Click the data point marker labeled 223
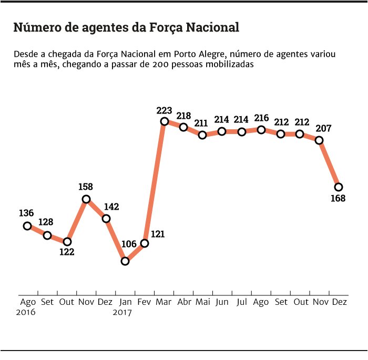click(164, 121)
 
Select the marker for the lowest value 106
click(125, 261)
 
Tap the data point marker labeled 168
click(339, 187)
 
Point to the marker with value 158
click(86, 199)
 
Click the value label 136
click(26, 213)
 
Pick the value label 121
click(158, 234)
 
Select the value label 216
click(261, 118)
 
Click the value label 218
click(183, 115)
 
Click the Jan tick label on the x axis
click(126, 302)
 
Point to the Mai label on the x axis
click(203, 302)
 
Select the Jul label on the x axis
click(242, 302)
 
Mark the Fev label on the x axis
click(145, 302)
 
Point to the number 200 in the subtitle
click(158, 65)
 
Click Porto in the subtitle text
click(186, 55)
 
